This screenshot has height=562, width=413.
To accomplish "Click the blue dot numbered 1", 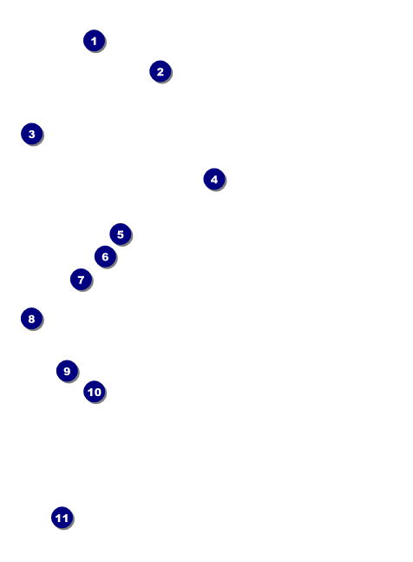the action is tap(94, 41).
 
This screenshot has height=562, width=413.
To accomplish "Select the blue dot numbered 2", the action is tap(161, 71).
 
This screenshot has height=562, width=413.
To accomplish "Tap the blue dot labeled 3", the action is tap(32, 134).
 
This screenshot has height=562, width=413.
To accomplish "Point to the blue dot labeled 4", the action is tap(214, 179).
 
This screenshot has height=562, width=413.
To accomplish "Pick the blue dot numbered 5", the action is tap(121, 234).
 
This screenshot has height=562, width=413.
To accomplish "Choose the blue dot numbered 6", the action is tap(105, 256).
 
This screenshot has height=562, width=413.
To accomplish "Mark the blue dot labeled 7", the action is tap(82, 279).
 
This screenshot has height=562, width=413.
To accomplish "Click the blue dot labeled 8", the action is tap(32, 318).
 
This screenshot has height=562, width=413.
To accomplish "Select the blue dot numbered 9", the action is tap(68, 371).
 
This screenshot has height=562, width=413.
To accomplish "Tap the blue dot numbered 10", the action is tap(95, 392).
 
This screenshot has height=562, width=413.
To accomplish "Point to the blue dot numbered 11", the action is tap(62, 518).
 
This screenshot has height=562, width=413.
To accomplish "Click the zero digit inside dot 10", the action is tap(98, 392).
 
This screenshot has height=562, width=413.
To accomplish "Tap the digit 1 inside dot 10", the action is tap(90, 392).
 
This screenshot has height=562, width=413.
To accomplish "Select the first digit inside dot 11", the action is tap(59, 519).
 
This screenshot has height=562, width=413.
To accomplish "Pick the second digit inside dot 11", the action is tap(65, 519).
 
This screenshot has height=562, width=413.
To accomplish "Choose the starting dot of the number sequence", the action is tap(94, 41).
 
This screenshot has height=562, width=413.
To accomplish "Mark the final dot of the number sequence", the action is tap(62, 518).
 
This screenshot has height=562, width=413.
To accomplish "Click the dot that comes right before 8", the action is tap(82, 279).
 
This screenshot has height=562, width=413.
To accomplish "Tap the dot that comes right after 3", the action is tap(214, 179).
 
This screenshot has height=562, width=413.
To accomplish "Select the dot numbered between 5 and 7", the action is tap(105, 256).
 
